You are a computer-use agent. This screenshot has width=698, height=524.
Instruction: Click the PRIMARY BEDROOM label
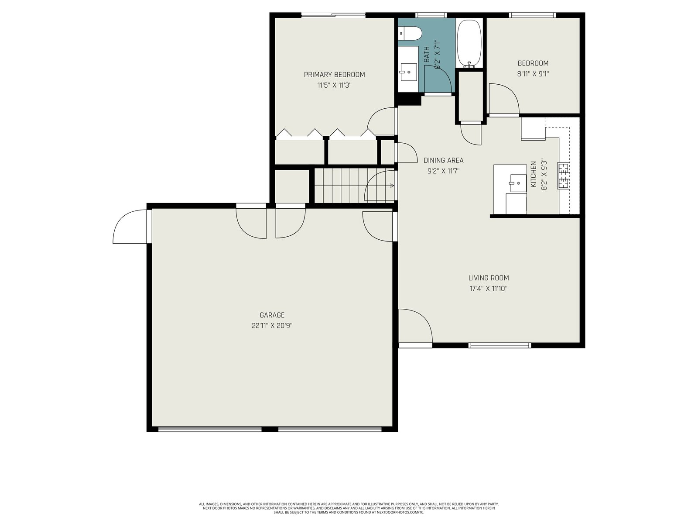pos(334,74)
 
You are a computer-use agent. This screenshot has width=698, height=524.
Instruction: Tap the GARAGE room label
pos(272,315)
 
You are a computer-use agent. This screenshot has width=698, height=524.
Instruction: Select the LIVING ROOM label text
pos(489,278)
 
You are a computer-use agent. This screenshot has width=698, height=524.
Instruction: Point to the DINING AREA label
pos(443,160)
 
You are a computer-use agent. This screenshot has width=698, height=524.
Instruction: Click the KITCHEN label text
pos(533,174)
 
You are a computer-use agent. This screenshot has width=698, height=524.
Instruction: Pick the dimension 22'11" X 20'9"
pos(272,326)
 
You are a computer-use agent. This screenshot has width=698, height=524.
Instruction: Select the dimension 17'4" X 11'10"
pos(489,289)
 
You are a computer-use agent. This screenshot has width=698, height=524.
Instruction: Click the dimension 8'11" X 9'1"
pos(533,74)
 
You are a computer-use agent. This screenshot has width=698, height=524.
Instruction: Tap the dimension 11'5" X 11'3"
pos(334,85)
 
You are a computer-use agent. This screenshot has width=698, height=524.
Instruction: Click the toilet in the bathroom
pos(410,33)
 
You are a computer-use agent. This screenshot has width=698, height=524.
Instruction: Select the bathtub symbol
pos(469,44)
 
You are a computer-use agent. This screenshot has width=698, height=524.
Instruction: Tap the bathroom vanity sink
pos(408,72)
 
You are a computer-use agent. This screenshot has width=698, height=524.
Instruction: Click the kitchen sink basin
pos(518,183)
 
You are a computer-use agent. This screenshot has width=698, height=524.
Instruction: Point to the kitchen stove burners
pos(563,176)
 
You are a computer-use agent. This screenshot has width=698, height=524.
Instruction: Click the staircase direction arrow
pos(392,186)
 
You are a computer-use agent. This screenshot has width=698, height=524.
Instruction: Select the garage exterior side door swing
pos(130,227)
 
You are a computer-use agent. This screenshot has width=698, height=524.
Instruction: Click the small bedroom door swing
pos(504,99)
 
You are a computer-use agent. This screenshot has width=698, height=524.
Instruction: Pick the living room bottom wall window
pos(500,345)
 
